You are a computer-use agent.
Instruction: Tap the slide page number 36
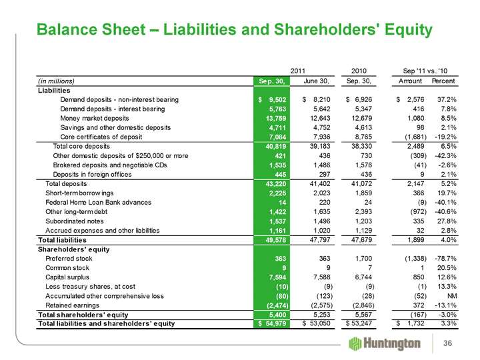pos(457,343)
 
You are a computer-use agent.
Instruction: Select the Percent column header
pos(443,81)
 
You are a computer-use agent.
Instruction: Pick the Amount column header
pos(408,81)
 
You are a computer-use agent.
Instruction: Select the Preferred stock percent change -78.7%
pos(443,257)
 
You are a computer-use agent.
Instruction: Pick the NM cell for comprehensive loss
pos(451,295)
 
